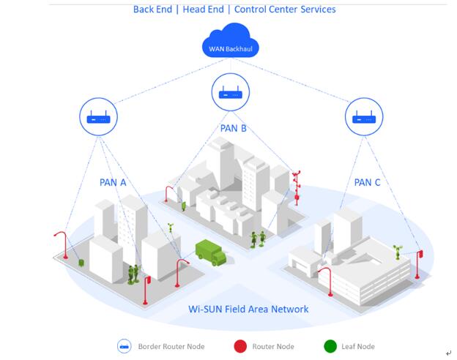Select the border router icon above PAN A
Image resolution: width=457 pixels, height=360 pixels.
click(x=97, y=117)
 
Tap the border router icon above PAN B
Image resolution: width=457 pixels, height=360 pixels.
click(x=231, y=93)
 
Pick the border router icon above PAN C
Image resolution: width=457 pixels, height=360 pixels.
click(x=363, y=117)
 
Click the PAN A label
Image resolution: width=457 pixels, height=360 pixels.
click(x=113, y=182)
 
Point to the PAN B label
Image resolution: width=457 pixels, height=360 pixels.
click(x=233, y=129)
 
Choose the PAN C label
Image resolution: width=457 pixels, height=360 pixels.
click(x=367, y=182)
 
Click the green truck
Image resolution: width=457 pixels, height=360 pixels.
click(x=210, y=252)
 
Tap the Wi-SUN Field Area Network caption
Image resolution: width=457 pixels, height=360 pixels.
click(x=248, y=310)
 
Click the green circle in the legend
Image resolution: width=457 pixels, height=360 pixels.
click(x=330, y=346)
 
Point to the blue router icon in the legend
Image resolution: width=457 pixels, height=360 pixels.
click(x=124, y=346)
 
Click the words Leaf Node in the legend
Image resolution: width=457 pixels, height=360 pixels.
click(x=358, y=347)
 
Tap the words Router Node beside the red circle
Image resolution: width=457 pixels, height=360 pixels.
click(x=273, y=347)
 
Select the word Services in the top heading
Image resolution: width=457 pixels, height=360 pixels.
click(x=316, y=10)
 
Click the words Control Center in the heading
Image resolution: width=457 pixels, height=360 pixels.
click(x=264, y=10)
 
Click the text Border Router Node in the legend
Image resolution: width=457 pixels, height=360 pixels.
click(x=171, y=347)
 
